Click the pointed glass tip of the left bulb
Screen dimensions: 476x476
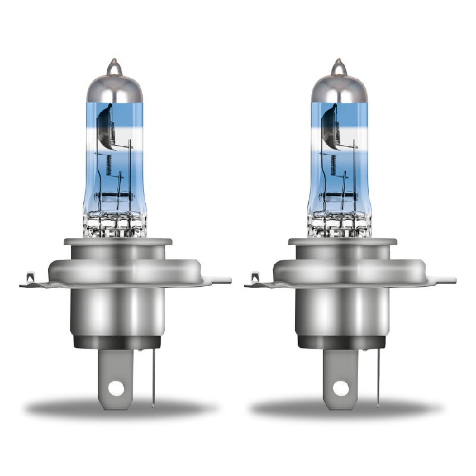(x=112, y=64)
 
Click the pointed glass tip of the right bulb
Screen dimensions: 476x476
(x=337, y=64)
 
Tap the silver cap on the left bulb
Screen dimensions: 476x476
(x=112, y=86)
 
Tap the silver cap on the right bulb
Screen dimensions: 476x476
(x=337, y=86)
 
